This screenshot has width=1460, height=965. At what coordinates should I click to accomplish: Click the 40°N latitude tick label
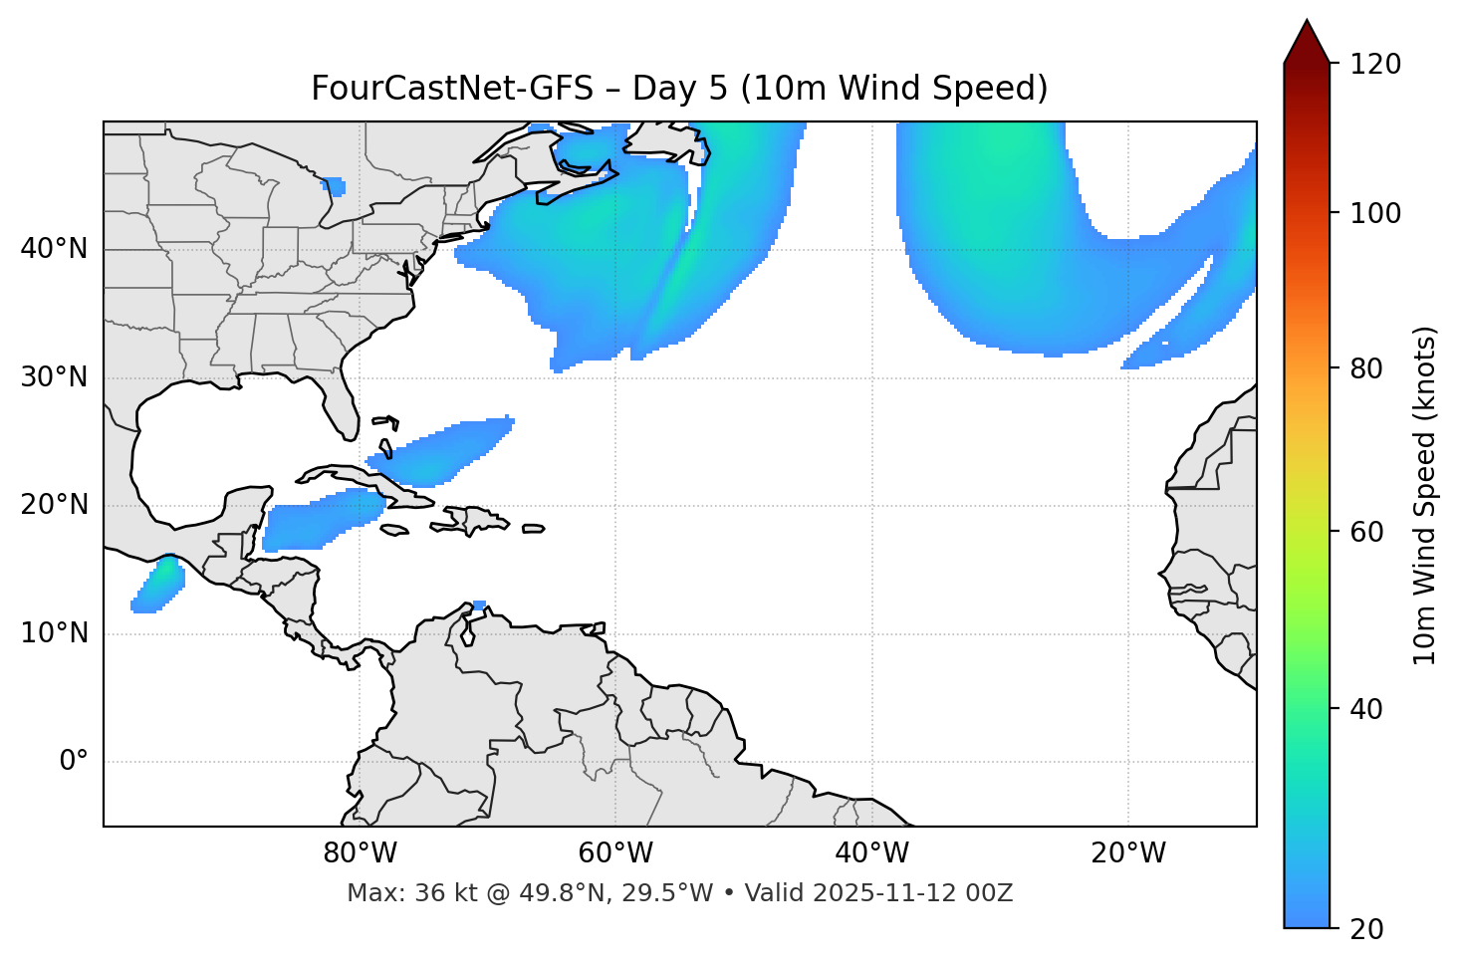[54, 249]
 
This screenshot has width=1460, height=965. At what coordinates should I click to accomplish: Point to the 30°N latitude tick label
[54, 377]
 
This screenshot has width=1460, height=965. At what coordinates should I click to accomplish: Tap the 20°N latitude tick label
[54, 505]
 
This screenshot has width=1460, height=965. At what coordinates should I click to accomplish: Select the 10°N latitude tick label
[54, 633]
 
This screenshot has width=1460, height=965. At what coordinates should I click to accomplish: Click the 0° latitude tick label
[74, 762]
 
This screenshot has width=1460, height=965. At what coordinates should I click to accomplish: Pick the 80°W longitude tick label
[360, 853]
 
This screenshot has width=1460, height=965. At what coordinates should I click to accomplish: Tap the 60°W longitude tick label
[615, 853]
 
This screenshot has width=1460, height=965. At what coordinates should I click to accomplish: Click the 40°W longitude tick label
[871, 853]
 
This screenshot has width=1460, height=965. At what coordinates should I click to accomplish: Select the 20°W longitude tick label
[1127, 853]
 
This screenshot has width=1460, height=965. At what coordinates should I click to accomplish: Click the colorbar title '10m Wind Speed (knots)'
[1425, 495]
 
